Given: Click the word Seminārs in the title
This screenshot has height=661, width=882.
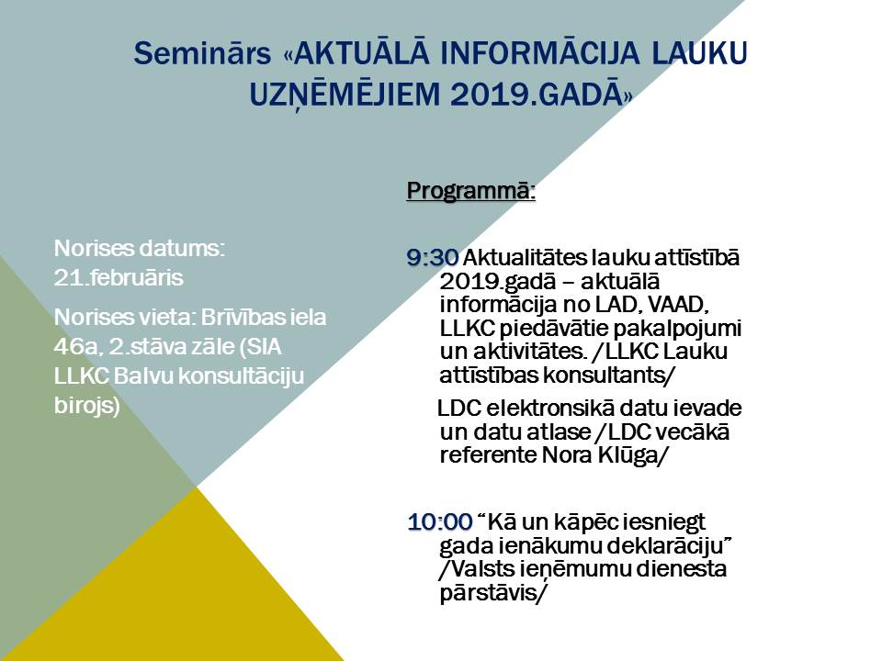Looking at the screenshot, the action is coord(202,54).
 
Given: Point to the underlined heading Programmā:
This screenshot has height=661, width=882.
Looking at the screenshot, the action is coord(470,191).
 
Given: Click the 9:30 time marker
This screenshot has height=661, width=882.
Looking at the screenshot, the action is coord(433,258).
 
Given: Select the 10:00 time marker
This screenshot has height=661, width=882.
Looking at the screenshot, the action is coord(440,522).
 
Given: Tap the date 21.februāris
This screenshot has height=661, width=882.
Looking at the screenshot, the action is coord(119,278).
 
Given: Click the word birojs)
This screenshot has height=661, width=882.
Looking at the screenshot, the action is coord(87,406).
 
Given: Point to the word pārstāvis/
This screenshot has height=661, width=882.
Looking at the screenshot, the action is coord(492,594).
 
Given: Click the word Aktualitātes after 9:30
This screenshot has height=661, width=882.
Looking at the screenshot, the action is coord(525,258).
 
